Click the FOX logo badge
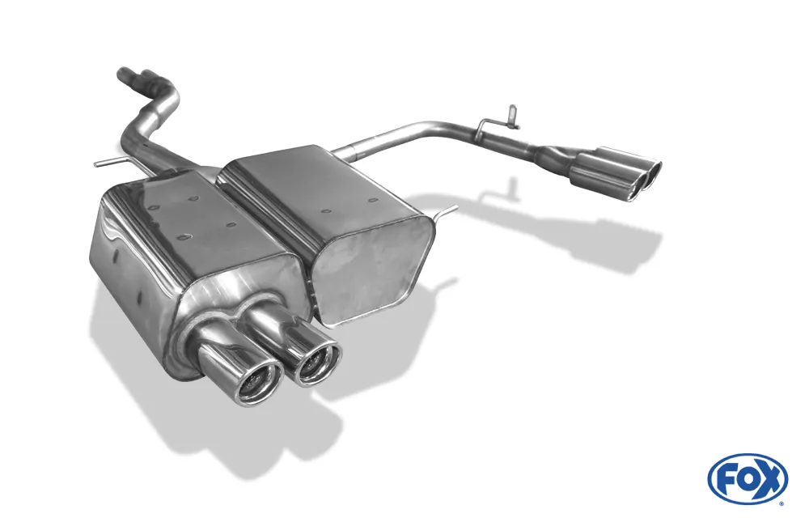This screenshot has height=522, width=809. pyautogui.click(x=748, y=478)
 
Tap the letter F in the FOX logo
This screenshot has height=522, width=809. pyautogui.click(x=726, y=478)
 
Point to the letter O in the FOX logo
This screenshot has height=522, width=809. pyautogui.click(x=748, y=478)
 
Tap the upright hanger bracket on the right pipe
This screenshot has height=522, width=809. pyautogui.click(x=509, y=117)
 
